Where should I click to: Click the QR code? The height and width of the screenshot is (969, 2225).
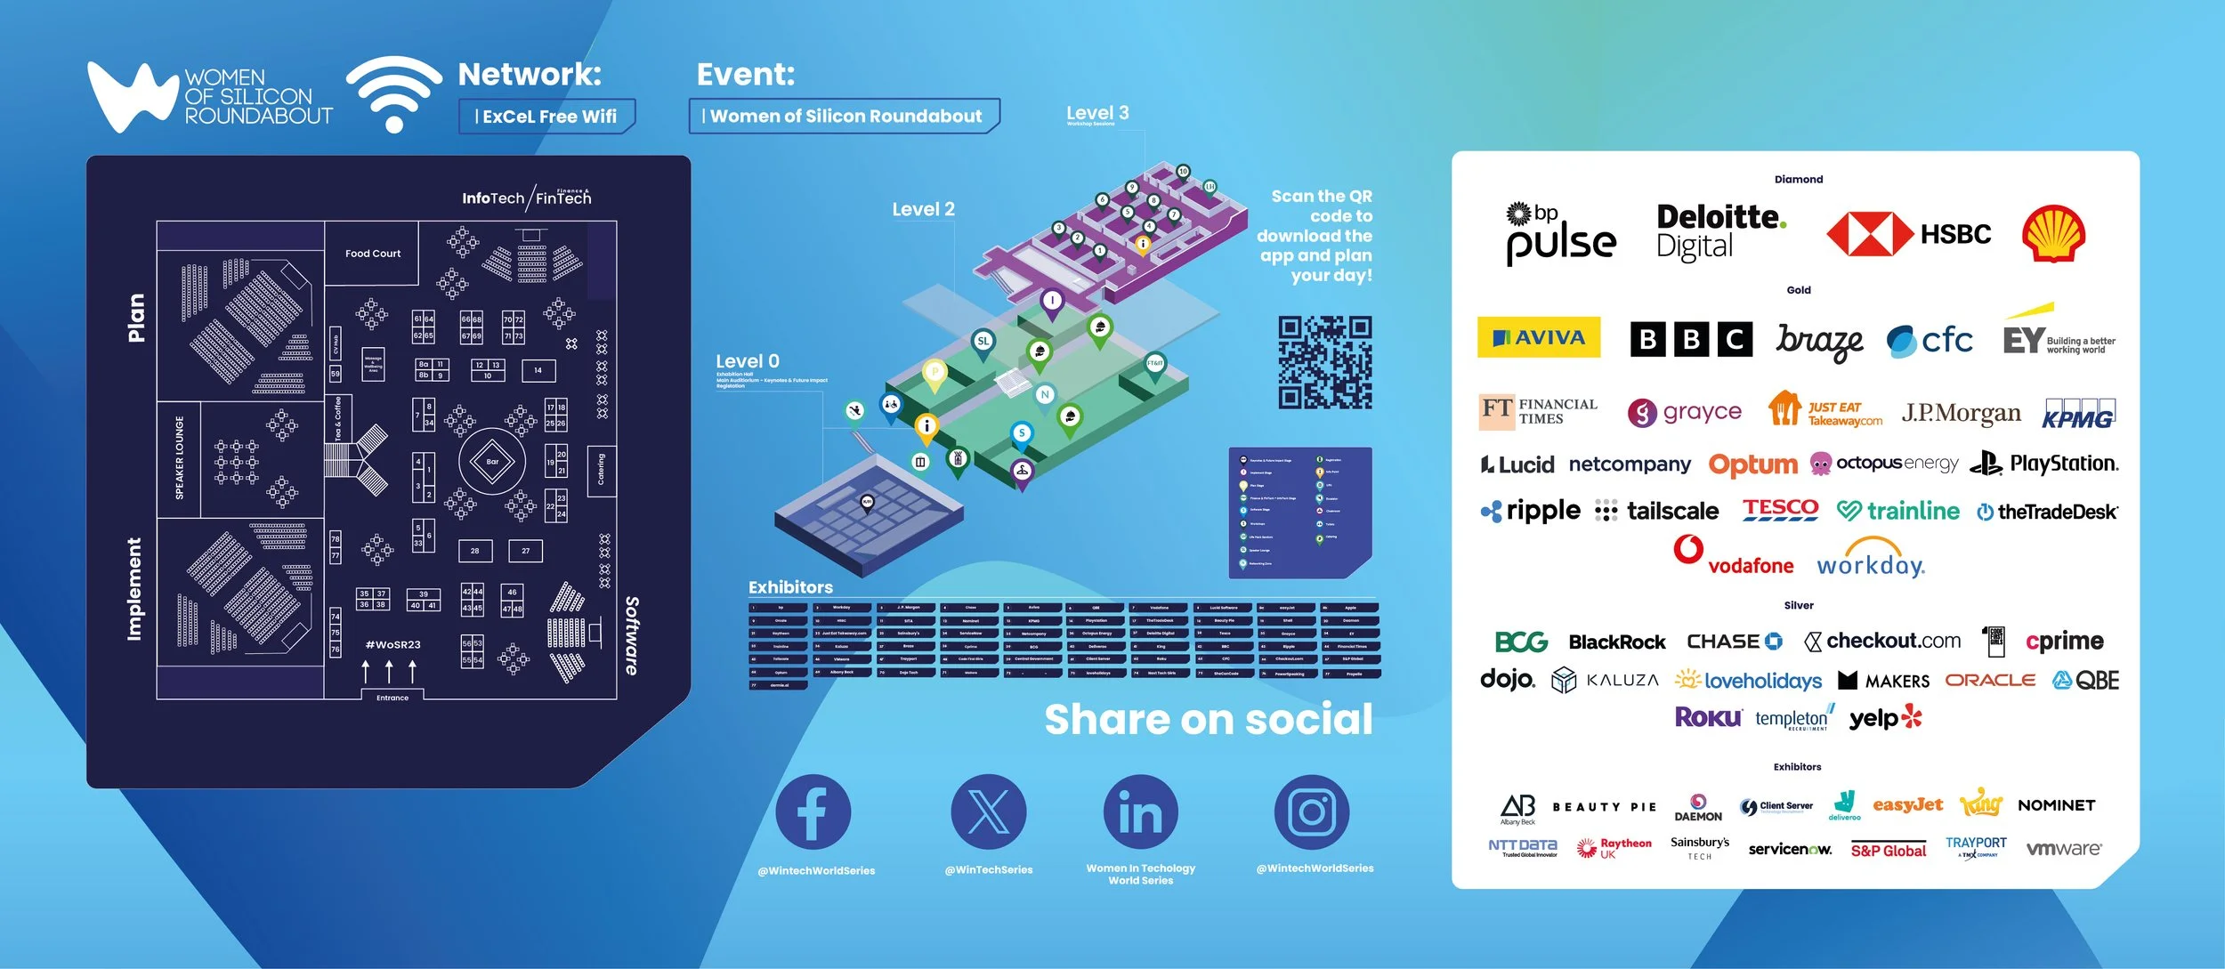coord(1324,362)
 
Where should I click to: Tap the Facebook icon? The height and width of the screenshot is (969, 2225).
coord(813,812)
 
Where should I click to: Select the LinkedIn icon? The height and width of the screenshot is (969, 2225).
coord(1140,812)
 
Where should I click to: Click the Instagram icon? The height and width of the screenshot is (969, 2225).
coord(1311,812)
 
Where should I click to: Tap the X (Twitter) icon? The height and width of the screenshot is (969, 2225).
coord(988,812)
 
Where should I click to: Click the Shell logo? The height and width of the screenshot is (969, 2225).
coord(2053,234)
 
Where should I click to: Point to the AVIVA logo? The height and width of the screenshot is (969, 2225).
coord(1539,337)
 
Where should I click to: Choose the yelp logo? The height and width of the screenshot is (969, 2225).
coord(1885,718)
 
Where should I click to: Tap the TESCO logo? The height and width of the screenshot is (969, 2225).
coord(1780,509)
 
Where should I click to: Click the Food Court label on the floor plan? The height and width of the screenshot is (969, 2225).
coord(373,254)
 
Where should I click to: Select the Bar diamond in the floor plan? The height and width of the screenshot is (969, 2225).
coord(491,461)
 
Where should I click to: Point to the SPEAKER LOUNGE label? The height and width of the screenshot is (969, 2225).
coord(180,457)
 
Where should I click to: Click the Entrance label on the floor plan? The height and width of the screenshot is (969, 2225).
coord(392,698)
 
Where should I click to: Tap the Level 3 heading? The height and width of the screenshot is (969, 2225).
coord(1097,113)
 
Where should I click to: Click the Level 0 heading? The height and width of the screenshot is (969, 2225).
coord(748,361)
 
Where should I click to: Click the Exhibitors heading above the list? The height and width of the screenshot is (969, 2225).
coord(790,587)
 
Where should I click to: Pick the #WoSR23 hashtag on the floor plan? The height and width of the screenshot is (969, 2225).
coord(392,644)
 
